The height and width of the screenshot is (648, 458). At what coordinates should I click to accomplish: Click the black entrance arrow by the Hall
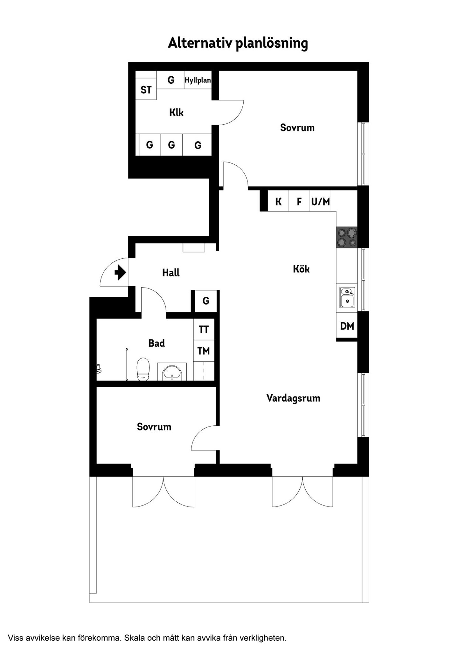[x=120, y=272]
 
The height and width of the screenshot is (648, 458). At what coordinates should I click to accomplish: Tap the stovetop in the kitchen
[x=347, y=237]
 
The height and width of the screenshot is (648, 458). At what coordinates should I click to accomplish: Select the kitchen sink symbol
[x=347, y=297]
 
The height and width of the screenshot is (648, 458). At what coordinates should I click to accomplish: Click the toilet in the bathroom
[x=143, y=369]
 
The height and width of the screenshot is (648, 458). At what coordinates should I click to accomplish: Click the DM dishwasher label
[x=347, y=326]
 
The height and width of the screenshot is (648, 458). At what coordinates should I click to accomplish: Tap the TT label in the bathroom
[x=204, y=330]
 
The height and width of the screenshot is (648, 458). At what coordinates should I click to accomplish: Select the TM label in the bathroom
[x=204, y=351]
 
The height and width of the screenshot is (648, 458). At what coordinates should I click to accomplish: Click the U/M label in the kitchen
[x=321, y=201]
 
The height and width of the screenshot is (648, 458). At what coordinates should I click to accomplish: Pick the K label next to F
[x=278, y=202]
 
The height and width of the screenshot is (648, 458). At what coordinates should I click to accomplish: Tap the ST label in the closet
[x=146, y=90]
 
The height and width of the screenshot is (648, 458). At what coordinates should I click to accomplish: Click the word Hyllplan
[x=198, y=80]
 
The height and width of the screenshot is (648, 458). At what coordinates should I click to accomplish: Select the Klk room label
[x=176, y=112]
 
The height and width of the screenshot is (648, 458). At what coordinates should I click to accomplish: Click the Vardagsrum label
[x=293, y=398]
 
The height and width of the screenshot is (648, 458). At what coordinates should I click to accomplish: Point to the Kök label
[x=301, y=269]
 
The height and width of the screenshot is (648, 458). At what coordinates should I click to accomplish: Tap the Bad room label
[x=156, y=343]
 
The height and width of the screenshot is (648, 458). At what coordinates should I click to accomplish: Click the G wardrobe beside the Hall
[x=206, y=301]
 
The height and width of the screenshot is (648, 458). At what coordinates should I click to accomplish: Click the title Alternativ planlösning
[x=238, y=43]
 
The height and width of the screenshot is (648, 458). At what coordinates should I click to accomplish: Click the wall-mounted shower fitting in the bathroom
[x=99, y=368]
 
